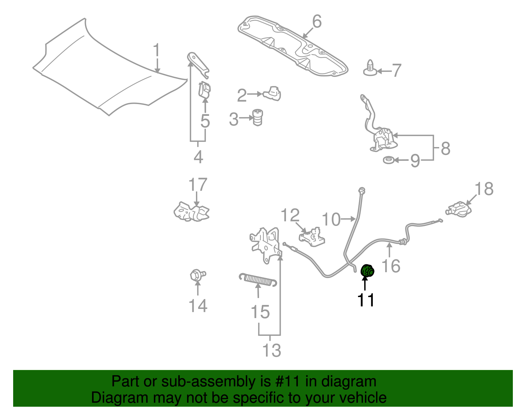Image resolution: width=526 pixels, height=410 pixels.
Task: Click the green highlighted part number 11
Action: [368, 271]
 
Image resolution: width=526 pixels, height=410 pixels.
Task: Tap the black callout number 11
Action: [366, 300]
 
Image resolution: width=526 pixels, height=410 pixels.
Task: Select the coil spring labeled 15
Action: [258, 279]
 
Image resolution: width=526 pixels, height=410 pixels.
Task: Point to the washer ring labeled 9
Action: [389, 160]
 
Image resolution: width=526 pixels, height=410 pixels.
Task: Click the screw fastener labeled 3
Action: [258, 117]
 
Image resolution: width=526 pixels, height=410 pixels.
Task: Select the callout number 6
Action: [316, 22]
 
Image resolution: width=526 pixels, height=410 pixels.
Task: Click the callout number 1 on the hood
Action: [156, 51]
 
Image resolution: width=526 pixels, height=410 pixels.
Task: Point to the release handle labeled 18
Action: [459, 209]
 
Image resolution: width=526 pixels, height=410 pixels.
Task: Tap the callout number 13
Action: [272, 350]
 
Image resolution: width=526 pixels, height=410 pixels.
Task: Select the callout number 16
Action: [391, 266]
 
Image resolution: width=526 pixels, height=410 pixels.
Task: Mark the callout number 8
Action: [445, 148]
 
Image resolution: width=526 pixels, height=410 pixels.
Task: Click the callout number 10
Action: [331, 219]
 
